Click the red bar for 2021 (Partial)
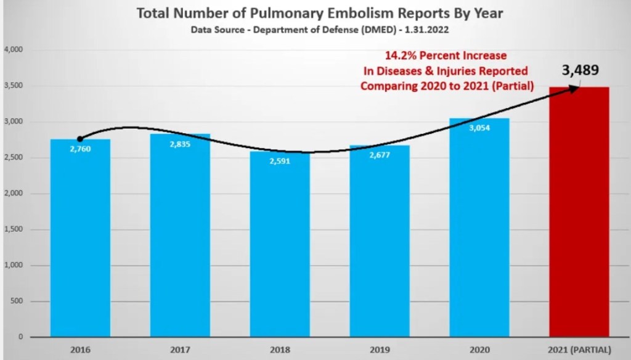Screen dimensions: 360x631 579,213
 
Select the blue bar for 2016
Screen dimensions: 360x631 80,247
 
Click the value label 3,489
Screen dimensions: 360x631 580,70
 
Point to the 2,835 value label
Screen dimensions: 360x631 180,145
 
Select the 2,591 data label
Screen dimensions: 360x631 280,162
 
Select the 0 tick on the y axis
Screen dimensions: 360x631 20,337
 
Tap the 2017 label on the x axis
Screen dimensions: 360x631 180,350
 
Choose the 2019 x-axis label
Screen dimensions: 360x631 380,350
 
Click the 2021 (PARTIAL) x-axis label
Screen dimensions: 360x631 579,350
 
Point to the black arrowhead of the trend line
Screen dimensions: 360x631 574,89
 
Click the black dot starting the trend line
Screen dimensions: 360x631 80,139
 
